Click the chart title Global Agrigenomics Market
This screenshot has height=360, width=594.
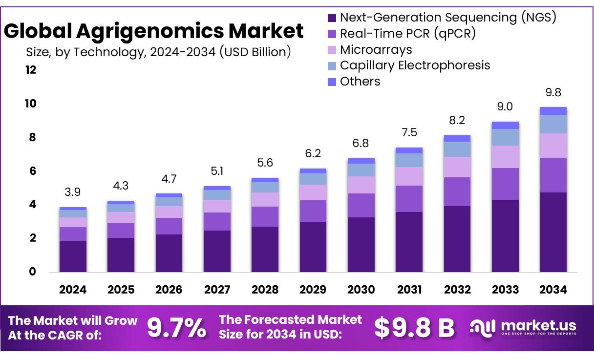[154, 31]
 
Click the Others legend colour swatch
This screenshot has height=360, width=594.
[332, 82]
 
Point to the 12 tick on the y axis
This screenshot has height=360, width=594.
[31, 70]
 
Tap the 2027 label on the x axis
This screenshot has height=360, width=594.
[217, 290]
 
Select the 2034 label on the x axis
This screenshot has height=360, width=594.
[553, 290]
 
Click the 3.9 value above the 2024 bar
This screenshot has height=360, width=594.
[73, 192]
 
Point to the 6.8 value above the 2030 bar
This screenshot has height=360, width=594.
[361, 144]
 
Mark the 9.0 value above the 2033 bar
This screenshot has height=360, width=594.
[505, 106]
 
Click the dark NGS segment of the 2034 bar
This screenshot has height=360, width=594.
[553, 232]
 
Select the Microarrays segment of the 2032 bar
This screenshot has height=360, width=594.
[457, 167]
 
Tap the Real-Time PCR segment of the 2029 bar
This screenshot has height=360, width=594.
[313, 211]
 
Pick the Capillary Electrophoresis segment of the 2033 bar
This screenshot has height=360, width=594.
[505, 137]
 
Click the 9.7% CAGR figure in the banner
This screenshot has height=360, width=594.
[177, 328]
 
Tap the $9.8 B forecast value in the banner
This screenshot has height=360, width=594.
[414, 328]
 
